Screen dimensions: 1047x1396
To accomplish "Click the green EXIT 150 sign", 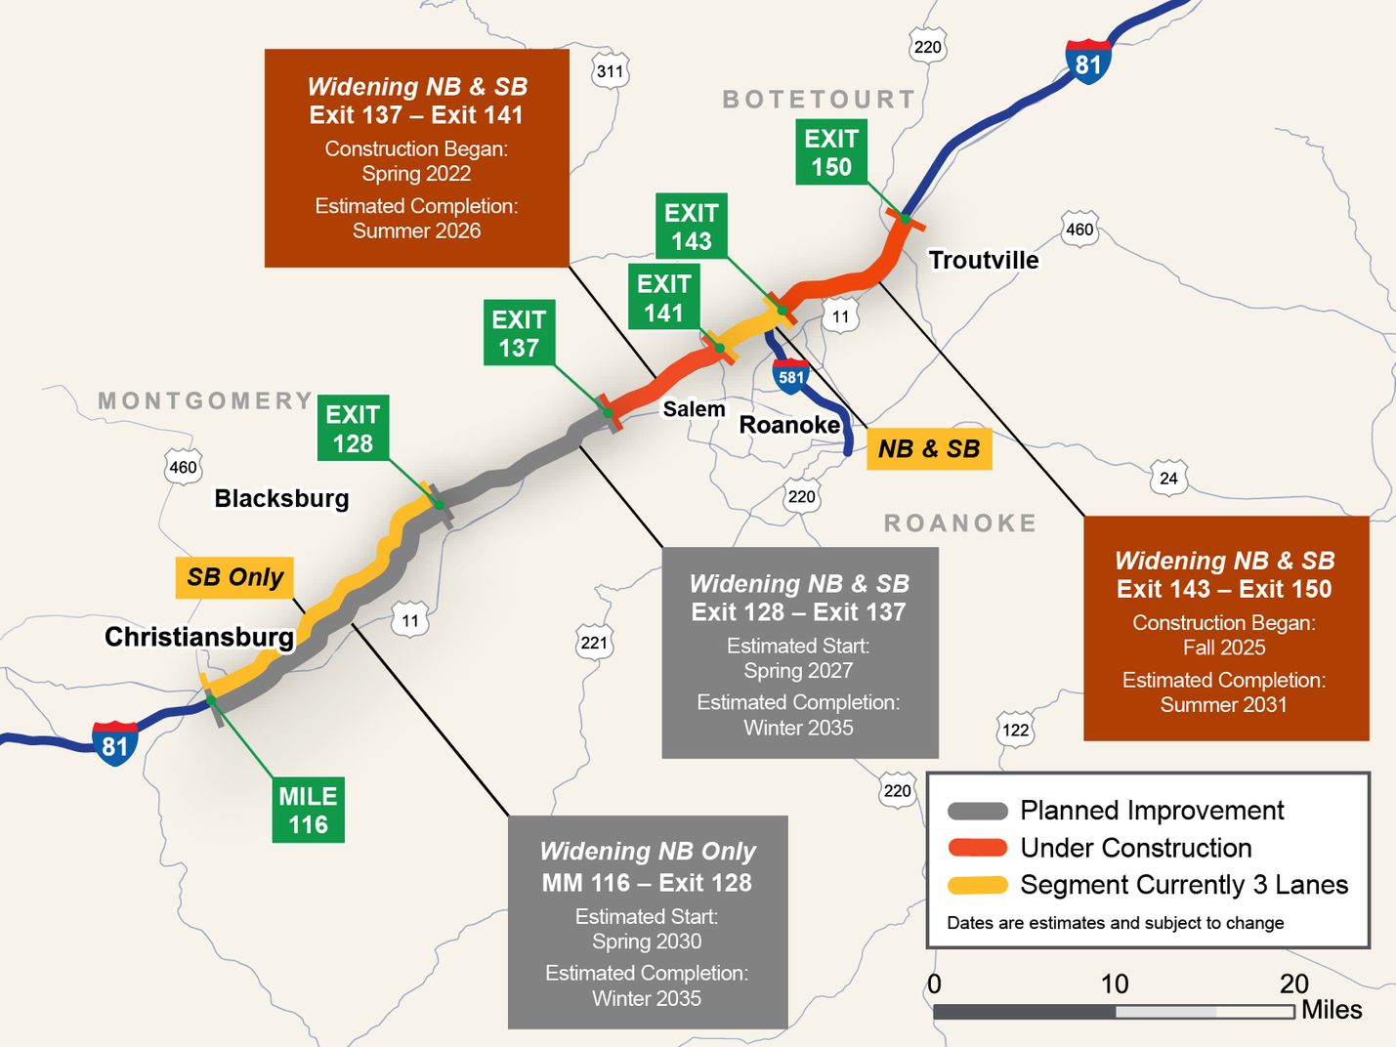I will pos(830,152).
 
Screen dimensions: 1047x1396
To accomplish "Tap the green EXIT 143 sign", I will pos(691,227).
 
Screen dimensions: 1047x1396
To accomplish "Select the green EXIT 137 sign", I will pos(519,333).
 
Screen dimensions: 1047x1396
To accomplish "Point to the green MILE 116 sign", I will pos(308,810).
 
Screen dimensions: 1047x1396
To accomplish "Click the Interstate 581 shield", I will pos(791,377).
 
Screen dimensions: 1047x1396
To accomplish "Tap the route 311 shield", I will pos(610,71).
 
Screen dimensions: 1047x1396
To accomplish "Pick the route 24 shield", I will pos(1168,478).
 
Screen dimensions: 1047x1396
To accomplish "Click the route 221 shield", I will pos(594,642).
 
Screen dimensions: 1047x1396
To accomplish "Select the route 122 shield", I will pos(1015,730).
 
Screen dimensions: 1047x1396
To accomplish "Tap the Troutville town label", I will pos(984,260).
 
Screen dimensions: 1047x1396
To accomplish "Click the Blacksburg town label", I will pos(281,498).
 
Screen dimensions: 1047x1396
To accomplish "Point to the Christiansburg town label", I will pos(199,637).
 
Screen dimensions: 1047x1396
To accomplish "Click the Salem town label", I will pos(694,409).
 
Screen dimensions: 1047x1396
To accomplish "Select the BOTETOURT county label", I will pos(819,100).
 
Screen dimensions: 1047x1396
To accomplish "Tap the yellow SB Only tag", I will pos(234,577).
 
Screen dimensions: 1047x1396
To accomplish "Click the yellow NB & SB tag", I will pos(928,449).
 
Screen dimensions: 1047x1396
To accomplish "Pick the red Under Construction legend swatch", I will pos(978,848).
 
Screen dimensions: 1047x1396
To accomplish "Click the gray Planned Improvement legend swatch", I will pos(978,811).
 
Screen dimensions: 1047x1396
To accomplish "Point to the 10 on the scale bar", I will pos(1115,984).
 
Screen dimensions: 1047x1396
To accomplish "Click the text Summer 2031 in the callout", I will pos(1223,705).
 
